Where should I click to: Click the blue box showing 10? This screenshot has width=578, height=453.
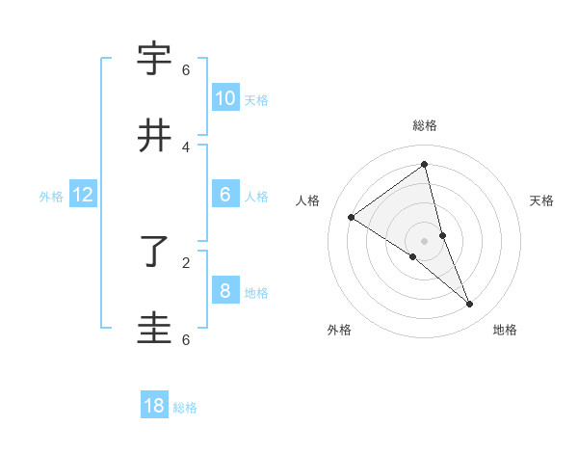224,97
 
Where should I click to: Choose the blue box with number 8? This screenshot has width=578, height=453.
224,291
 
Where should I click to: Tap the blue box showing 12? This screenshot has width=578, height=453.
83,196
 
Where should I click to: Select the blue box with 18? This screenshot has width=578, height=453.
154,406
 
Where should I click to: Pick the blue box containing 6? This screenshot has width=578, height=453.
224,195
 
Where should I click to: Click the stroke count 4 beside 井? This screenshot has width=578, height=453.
186,147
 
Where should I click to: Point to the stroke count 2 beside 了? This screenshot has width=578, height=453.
186,261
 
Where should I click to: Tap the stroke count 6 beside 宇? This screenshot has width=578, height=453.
186,69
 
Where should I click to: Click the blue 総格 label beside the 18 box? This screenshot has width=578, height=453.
185,408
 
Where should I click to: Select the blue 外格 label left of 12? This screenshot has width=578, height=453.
51,197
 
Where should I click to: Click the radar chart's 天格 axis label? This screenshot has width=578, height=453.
542,200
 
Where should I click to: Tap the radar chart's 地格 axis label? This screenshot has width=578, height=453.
505,330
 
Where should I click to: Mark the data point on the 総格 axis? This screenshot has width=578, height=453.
425,164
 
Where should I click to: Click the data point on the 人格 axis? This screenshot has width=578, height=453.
352,217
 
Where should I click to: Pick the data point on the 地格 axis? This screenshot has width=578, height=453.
470,304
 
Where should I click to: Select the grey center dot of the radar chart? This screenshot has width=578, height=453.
424,240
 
